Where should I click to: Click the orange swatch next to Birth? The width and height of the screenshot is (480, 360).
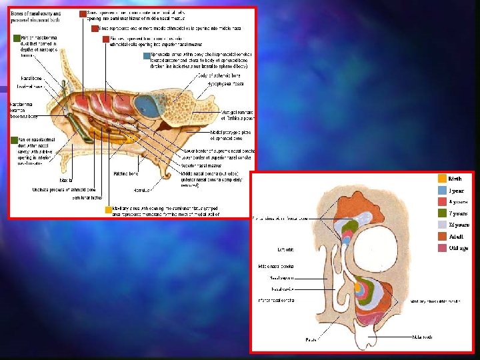click(x=442, y=179)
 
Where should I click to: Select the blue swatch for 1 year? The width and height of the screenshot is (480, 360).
click(x=442, y=190)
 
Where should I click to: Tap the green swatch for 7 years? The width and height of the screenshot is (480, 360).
click(x=442, y=213)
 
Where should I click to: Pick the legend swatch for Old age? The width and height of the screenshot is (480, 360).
click(x=442, y=247)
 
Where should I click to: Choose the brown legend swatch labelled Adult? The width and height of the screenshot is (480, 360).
click(x=442, y=236)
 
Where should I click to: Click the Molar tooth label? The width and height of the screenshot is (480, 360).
click(x=423, y=337)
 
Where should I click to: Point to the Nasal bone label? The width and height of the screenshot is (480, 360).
click(x=32, y=78)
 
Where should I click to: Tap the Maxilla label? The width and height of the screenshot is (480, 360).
click(x=66, y=179)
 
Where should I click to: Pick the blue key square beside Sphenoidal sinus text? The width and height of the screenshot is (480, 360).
click(x=147, y=56)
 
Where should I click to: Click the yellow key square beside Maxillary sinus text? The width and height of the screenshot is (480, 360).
click(x=108, y=209)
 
